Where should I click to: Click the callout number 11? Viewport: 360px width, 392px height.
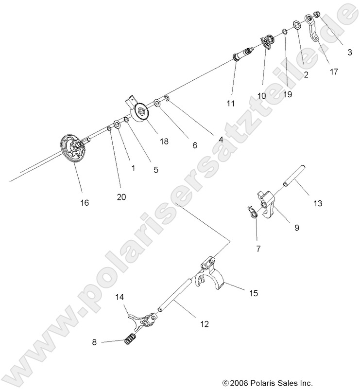230,103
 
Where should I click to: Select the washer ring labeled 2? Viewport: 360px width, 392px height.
296,25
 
